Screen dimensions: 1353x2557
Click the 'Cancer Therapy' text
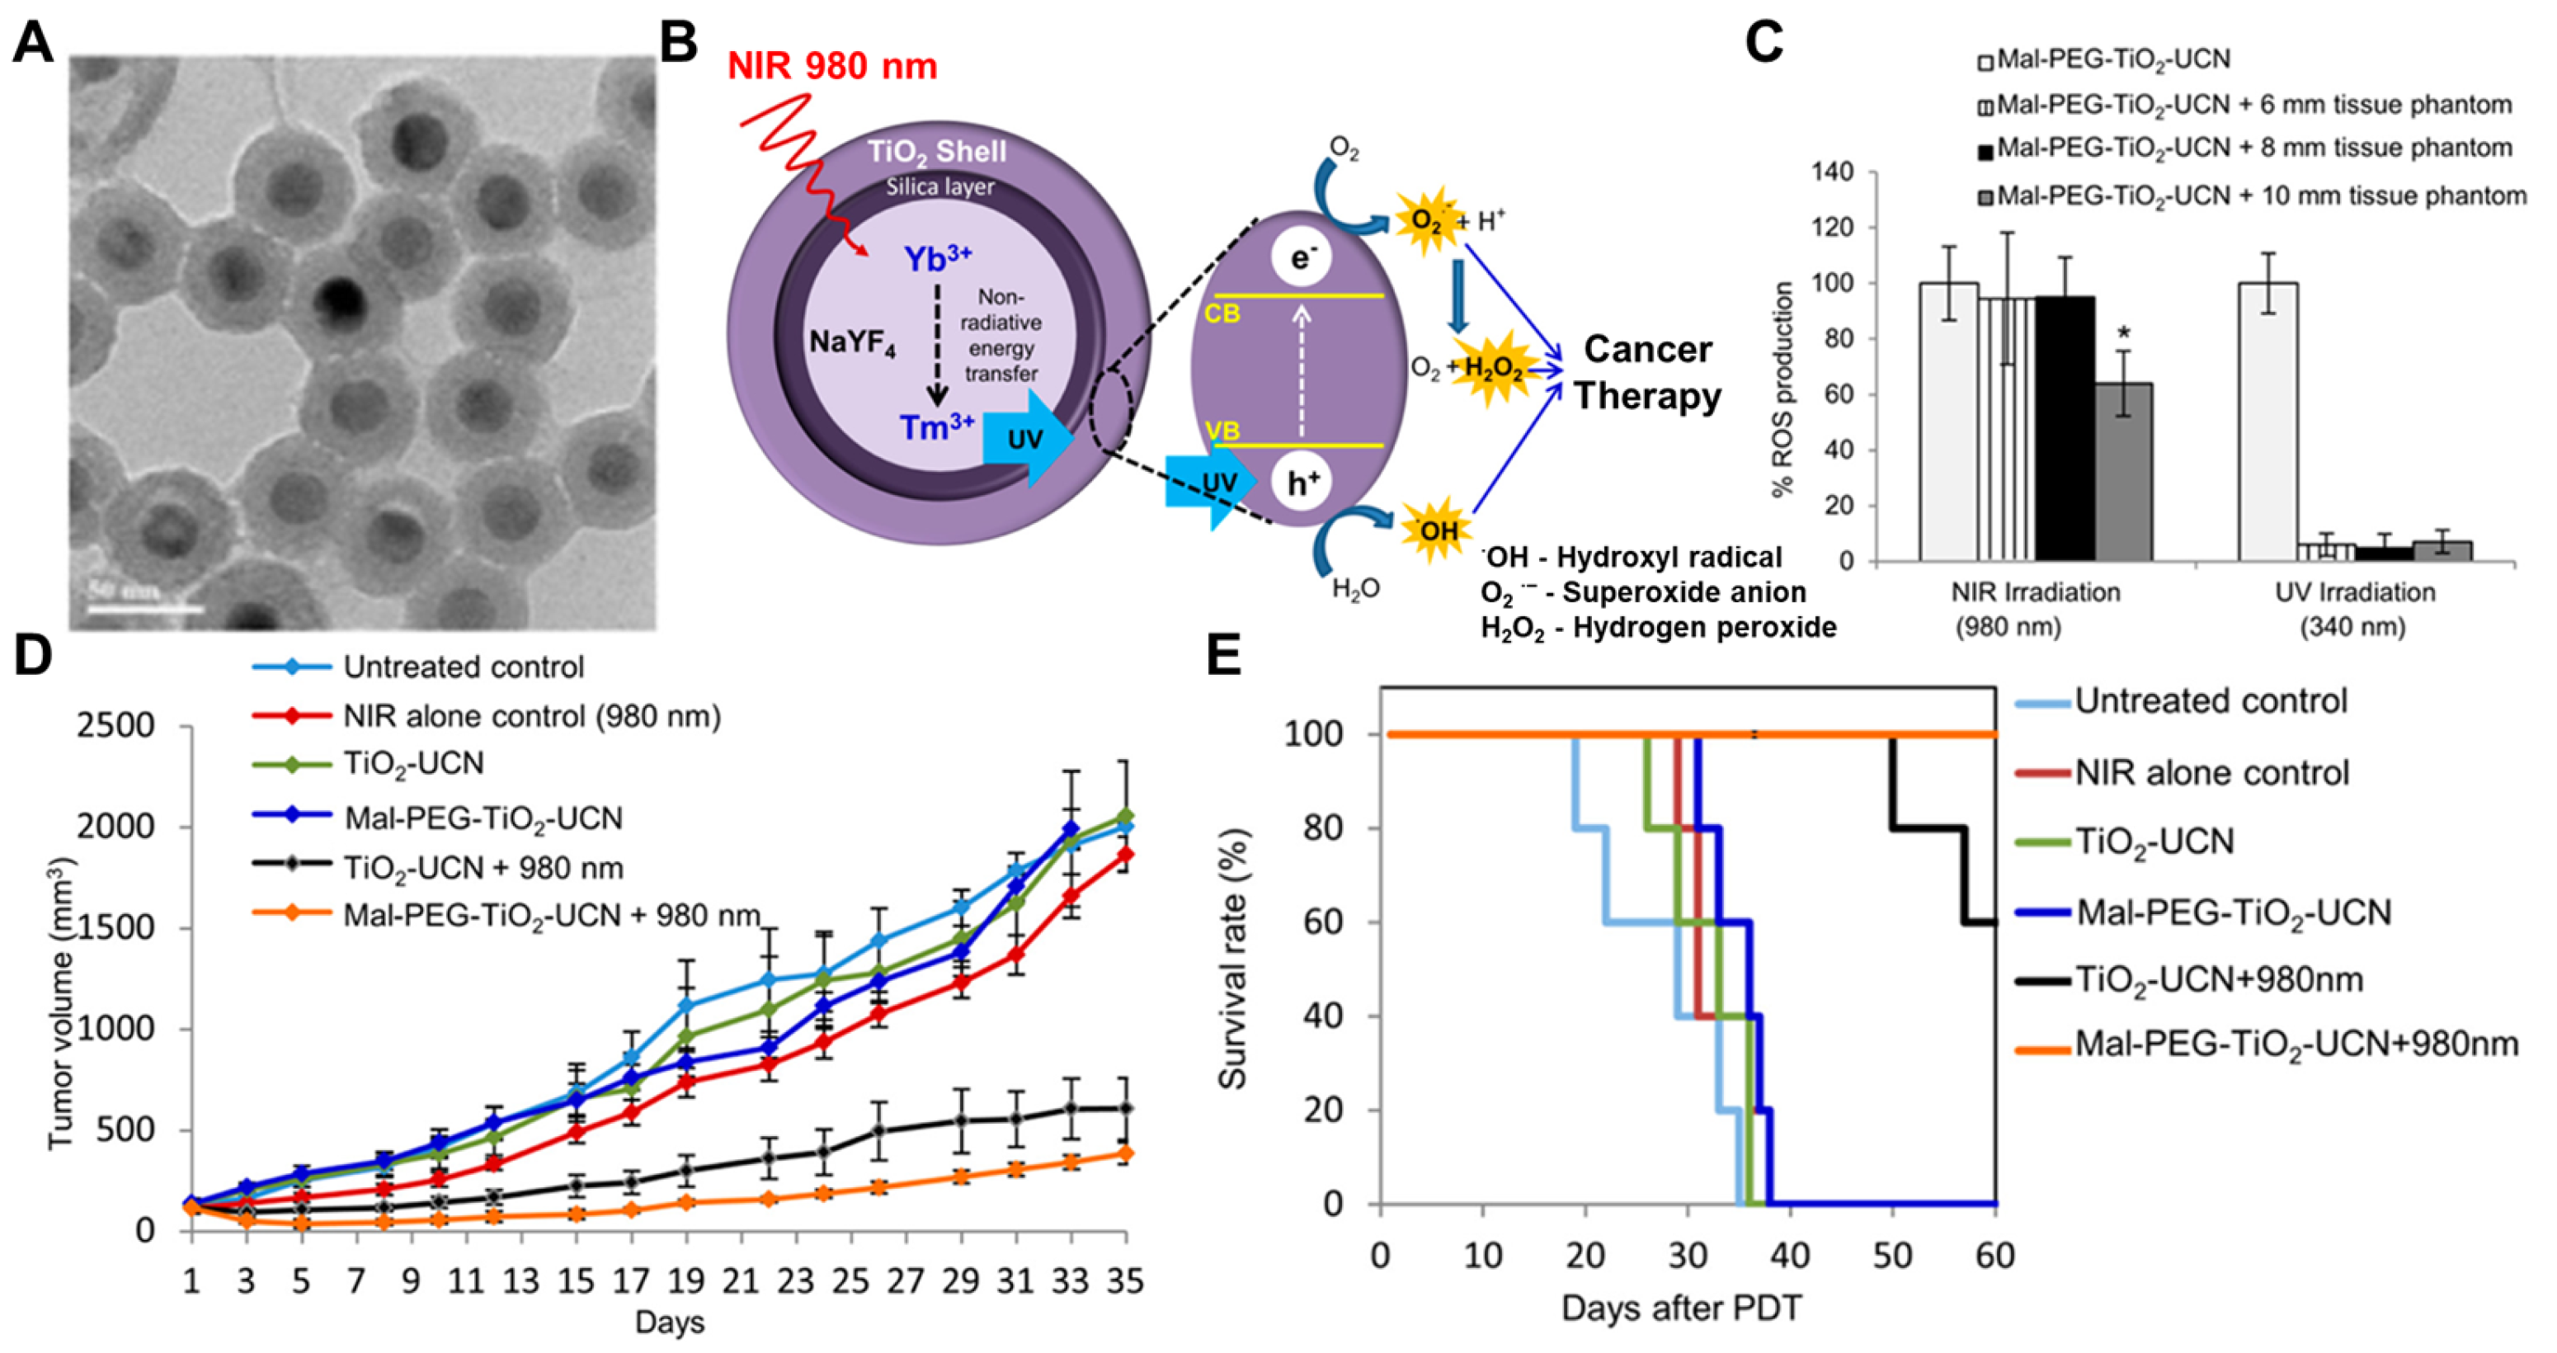pyautogui.click(x=1649, y=372)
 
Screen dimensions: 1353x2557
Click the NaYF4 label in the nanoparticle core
pyautogui.click(x=852, y=342)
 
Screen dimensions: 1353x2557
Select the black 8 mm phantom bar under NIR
pyautogui.click(x=2065, y=428)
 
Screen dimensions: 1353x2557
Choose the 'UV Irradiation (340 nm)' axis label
pyautogui.click(x=2355, y=610)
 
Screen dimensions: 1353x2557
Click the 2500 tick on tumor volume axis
pyautogui.click(x=117, y=726)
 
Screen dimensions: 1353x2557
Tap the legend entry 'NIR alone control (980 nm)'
pyautogui.click(x=531, y=716)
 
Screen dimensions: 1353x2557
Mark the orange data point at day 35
pyautogui.click(x=1124, y=1153)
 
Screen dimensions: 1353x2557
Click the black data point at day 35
pyautogui.click(x=1124, y=1108)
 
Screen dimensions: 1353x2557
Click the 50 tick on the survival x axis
pyautogui.click(x=1892, y=1256)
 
